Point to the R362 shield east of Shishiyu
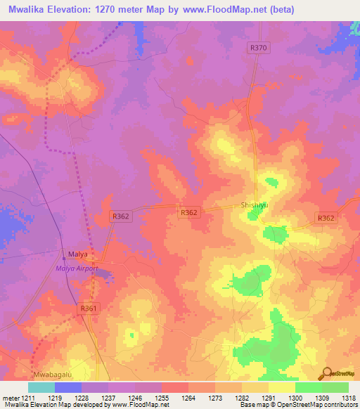(326, 219)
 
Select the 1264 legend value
(188, 398)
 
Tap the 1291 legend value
(268, 398)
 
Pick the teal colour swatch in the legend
(41, 387)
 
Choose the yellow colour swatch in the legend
(281, 387)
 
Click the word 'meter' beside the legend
(9, 398)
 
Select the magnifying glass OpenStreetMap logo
(328, 373)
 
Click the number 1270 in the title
(101, 10)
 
